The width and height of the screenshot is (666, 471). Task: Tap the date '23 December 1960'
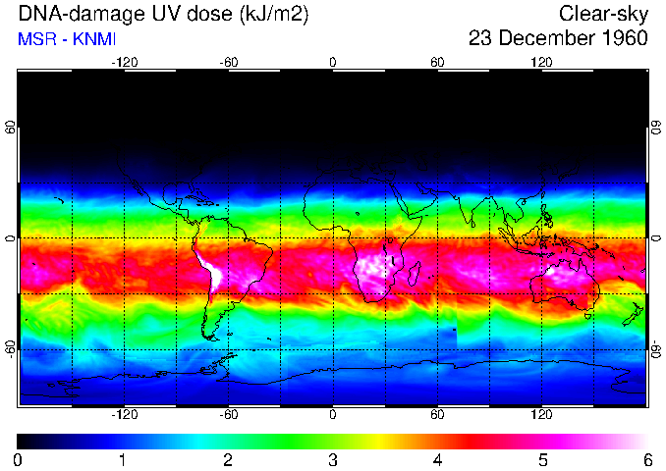558,39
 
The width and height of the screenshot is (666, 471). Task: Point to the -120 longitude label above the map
124,62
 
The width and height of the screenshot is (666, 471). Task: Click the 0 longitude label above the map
333,62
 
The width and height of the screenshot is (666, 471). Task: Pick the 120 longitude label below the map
541,416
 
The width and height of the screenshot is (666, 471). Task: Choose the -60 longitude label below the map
228,416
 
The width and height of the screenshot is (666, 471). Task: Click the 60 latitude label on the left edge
11,129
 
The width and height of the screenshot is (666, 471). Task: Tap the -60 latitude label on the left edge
11,349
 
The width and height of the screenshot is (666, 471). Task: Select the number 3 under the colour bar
333,459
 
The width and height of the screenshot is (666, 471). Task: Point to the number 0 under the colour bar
19,459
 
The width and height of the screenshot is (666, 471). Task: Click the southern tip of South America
208,337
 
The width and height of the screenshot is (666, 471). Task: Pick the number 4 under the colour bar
437,459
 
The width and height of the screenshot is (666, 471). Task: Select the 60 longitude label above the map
437,62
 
